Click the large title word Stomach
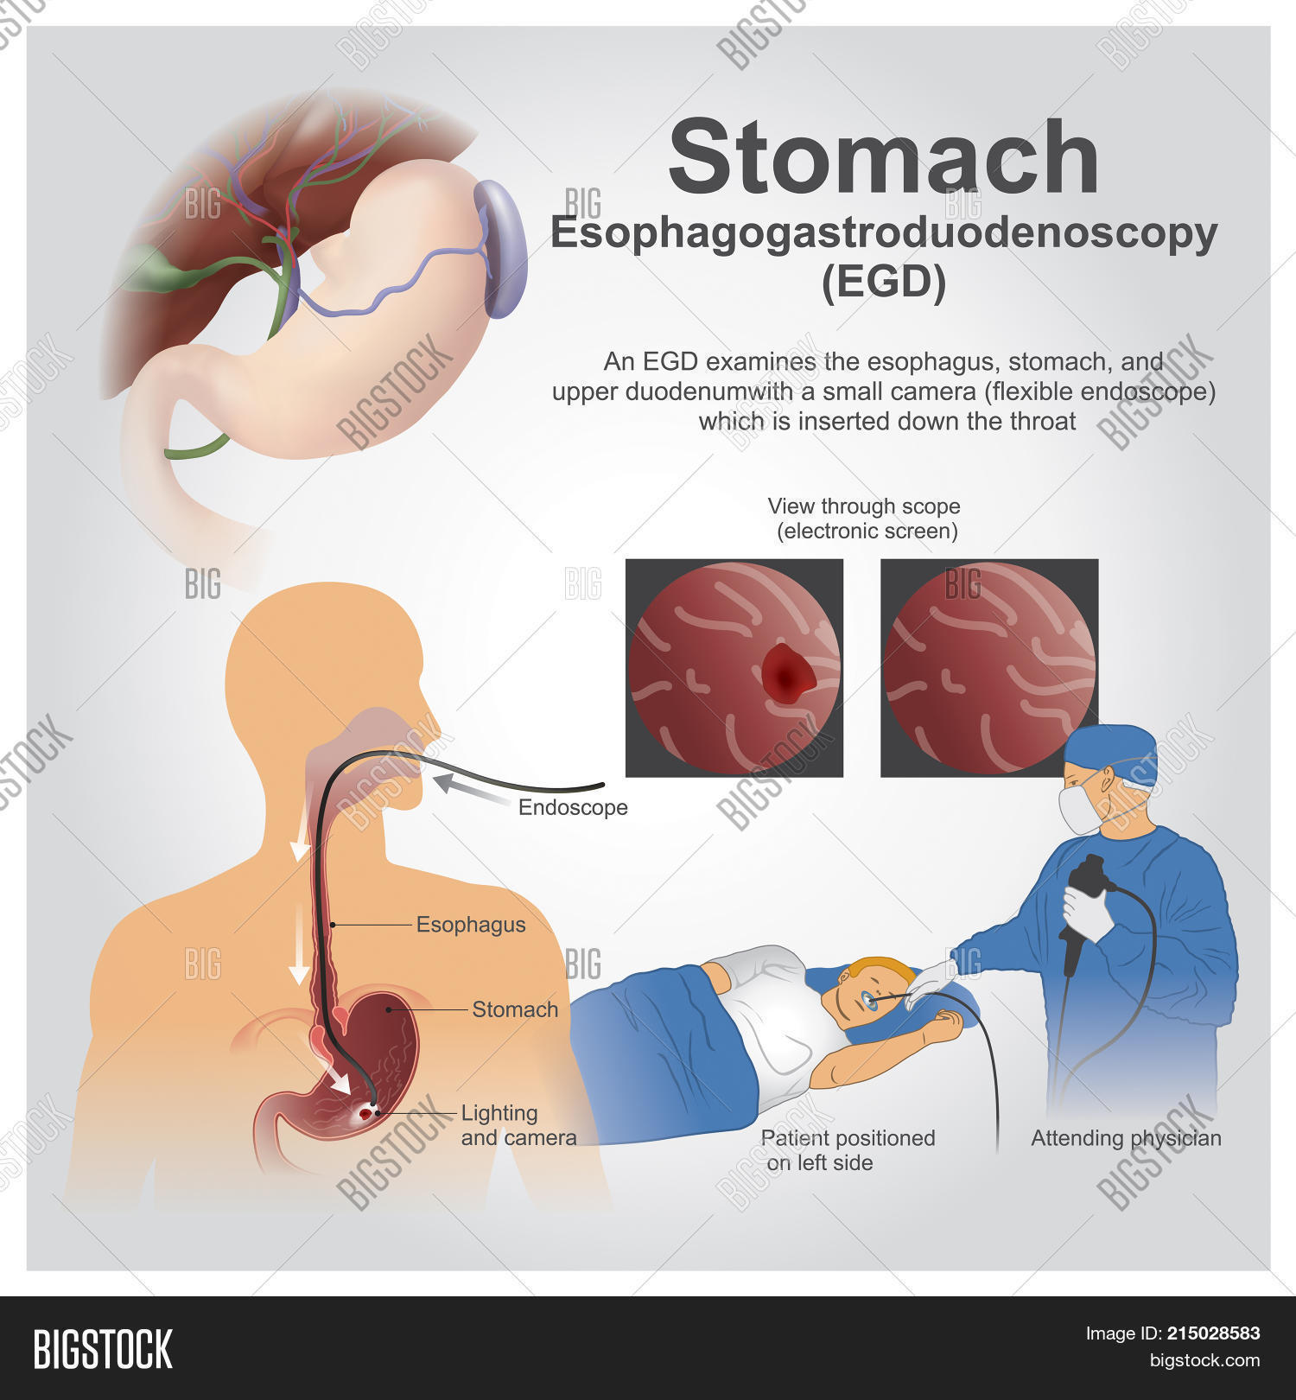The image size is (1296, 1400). [883, 158]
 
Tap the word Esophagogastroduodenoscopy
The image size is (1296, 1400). [883, 233]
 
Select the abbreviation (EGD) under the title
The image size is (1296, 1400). [883, 282]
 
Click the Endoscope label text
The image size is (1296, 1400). [573, 808]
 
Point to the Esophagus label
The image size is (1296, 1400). [471, 925]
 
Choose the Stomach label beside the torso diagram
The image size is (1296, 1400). [515, 1009]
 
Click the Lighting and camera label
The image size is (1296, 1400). [518, 1125]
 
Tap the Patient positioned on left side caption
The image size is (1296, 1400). [847, 1150]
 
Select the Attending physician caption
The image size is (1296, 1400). [1126, 1138]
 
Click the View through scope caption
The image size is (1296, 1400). [865, 519]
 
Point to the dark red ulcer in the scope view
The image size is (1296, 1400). [787, 671]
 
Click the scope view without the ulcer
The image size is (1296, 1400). [989, 667]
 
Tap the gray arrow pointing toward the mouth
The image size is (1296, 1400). [471, 791]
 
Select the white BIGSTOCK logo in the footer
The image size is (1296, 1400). [103, 1349]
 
